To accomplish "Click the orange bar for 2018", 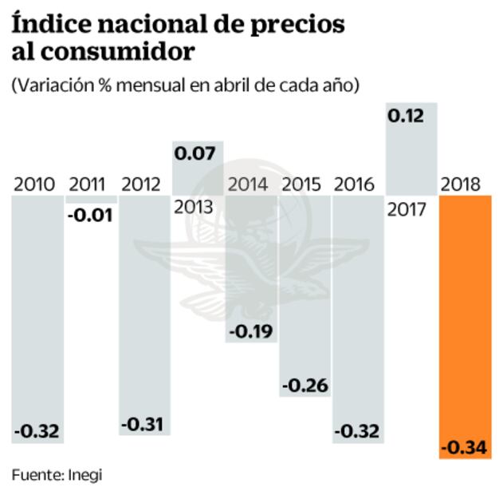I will click(464, 327).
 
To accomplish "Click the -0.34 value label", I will click(464, 445).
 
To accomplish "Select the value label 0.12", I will click(405, 117).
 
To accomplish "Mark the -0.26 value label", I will click(304, 385).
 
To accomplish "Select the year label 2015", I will click(303, 185).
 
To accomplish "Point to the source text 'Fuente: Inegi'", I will click(57, 475).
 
